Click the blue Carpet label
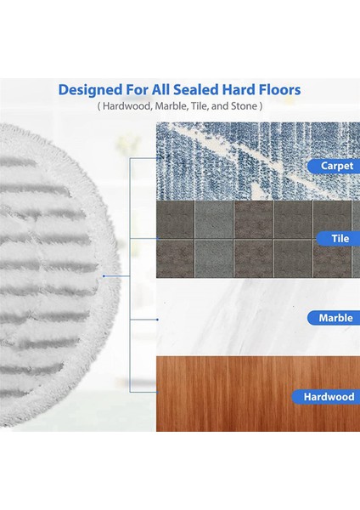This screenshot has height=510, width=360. point(334,166)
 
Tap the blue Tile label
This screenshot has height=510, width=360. point(338,238)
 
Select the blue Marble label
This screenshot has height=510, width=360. point(334,318)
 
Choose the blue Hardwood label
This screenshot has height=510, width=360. point(326,397)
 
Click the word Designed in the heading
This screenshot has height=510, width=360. point(90,90)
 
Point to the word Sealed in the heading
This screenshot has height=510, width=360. point(196,89)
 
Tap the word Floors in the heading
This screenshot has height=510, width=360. point(279,89)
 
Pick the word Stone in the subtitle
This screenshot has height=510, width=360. point(244,106)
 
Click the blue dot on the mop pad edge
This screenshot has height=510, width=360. point(104,276)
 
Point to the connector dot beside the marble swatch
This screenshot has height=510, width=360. point(158,320)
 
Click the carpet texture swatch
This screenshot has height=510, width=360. point(258,161)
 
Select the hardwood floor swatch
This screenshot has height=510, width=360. point(258,394)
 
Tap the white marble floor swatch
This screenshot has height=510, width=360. point(258,317)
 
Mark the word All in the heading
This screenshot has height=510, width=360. point(160,89)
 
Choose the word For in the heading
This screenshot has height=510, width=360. point(137,89)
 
